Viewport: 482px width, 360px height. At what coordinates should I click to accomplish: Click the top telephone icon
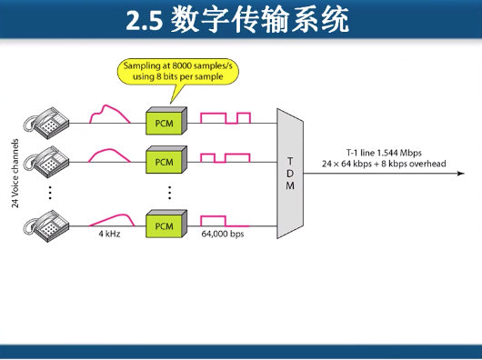tap(45, 120)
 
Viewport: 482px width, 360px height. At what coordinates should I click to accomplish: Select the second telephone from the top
tap(45, 161)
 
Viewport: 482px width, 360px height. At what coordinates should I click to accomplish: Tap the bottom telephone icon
tap(45, 223)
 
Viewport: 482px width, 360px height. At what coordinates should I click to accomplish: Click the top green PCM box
tap(165, 121)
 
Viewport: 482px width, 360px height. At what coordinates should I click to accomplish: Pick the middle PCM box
tap(165, 161)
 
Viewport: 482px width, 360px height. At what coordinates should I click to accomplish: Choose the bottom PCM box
tap(165, 224)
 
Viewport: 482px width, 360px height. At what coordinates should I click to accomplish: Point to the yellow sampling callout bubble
tap(177, 71)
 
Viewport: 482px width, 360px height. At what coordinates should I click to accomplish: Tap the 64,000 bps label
tap(224, 235)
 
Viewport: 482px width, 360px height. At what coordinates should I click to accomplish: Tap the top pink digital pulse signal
tap(225, 117)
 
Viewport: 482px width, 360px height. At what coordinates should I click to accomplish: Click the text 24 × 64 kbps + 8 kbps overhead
tap(383, 164)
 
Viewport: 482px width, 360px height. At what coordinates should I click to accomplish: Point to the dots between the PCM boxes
tap(168, 192)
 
